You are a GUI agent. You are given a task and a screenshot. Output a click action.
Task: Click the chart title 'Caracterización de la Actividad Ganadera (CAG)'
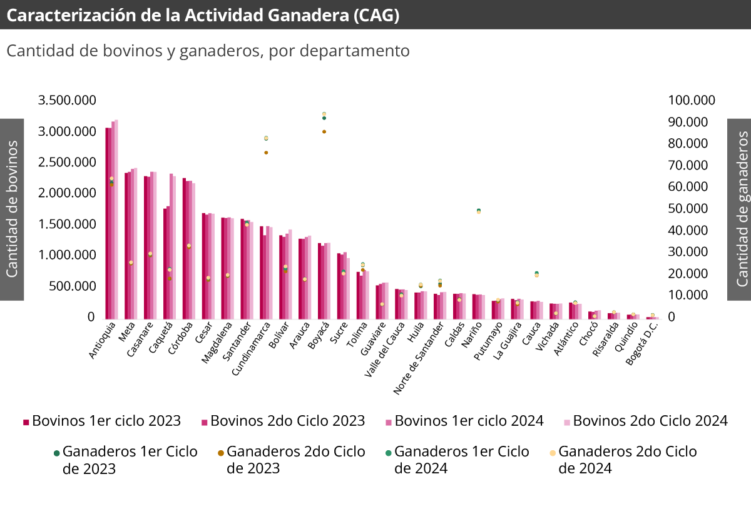[203, 16]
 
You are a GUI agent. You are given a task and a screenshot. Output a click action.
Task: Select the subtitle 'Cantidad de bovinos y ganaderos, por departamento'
[208, 51]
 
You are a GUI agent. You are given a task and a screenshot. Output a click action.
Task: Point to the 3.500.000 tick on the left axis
[67, 101]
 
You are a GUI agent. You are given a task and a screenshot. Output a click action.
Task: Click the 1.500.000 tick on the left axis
[67, 224]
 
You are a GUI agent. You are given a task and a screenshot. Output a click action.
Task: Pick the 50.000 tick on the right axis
[688, 209]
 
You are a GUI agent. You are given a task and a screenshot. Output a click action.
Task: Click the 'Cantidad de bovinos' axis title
[12, 209]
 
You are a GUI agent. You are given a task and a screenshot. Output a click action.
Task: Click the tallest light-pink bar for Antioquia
[116, 219]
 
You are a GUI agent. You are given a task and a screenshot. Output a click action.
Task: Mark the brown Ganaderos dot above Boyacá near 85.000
[324, 131]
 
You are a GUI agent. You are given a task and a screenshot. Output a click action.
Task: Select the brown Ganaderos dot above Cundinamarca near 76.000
[266, 153]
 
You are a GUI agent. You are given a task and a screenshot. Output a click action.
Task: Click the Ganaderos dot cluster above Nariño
[479, 211]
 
